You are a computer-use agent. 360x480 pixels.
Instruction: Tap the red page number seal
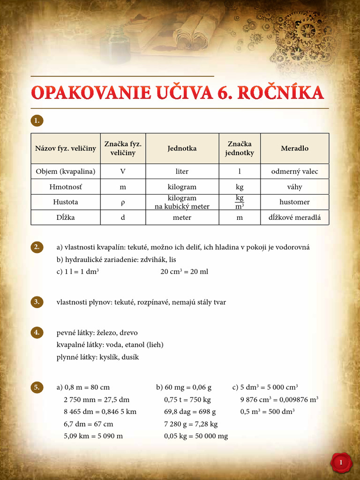pos(341,463)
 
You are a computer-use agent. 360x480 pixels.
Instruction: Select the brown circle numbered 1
pos(37,120)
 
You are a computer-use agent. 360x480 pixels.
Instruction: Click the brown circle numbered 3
pos(37,301)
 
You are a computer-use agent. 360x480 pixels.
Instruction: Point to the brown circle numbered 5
pos(37,387)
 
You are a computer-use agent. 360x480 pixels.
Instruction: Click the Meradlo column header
pos(294,148)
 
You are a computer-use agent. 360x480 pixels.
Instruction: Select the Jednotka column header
pos(182,148)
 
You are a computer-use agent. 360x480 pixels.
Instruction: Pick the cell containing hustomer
pos(294,202)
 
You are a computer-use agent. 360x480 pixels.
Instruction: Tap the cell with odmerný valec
pos(294,171)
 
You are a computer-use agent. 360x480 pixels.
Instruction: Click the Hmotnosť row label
pos(65,187)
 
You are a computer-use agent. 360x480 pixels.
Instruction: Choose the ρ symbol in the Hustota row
pos(123,202)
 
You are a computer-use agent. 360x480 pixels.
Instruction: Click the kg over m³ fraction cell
pos(240,202)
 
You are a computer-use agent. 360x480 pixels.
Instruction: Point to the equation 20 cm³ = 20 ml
pos(184,271)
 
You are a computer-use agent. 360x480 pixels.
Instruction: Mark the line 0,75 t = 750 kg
pos(187,400)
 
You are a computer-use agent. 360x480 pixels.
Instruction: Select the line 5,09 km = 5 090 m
pos(93,436)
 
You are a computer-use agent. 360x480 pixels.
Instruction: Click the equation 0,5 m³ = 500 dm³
pos(267,412)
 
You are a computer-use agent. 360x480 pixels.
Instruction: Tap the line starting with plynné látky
pos(97,357)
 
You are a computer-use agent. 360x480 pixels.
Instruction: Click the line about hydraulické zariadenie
pos(116,259)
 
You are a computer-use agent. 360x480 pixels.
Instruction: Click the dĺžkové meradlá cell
pos(294,217)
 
